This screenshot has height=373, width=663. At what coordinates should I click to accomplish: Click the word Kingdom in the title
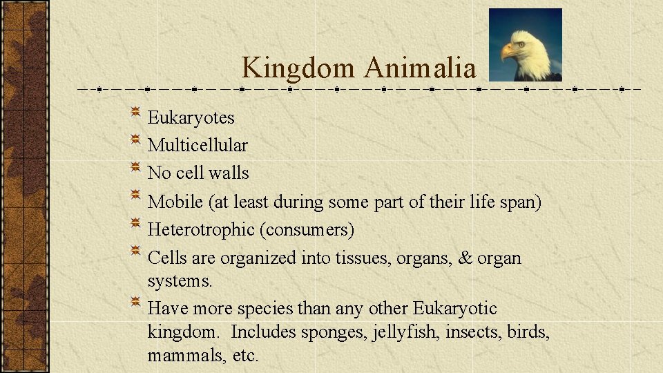(299, 68)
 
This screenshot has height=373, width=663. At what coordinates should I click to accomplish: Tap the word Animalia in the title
(420, 68)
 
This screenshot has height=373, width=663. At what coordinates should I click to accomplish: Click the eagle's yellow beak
(509, 51)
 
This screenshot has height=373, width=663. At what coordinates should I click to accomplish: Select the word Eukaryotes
(191, 118)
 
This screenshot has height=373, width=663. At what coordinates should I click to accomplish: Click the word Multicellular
(198, 146)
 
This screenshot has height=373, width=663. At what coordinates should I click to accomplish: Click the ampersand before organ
(465, 258)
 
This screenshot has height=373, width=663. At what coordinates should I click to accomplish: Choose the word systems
(180, 282)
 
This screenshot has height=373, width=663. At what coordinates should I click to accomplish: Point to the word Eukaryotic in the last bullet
(455, 308)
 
